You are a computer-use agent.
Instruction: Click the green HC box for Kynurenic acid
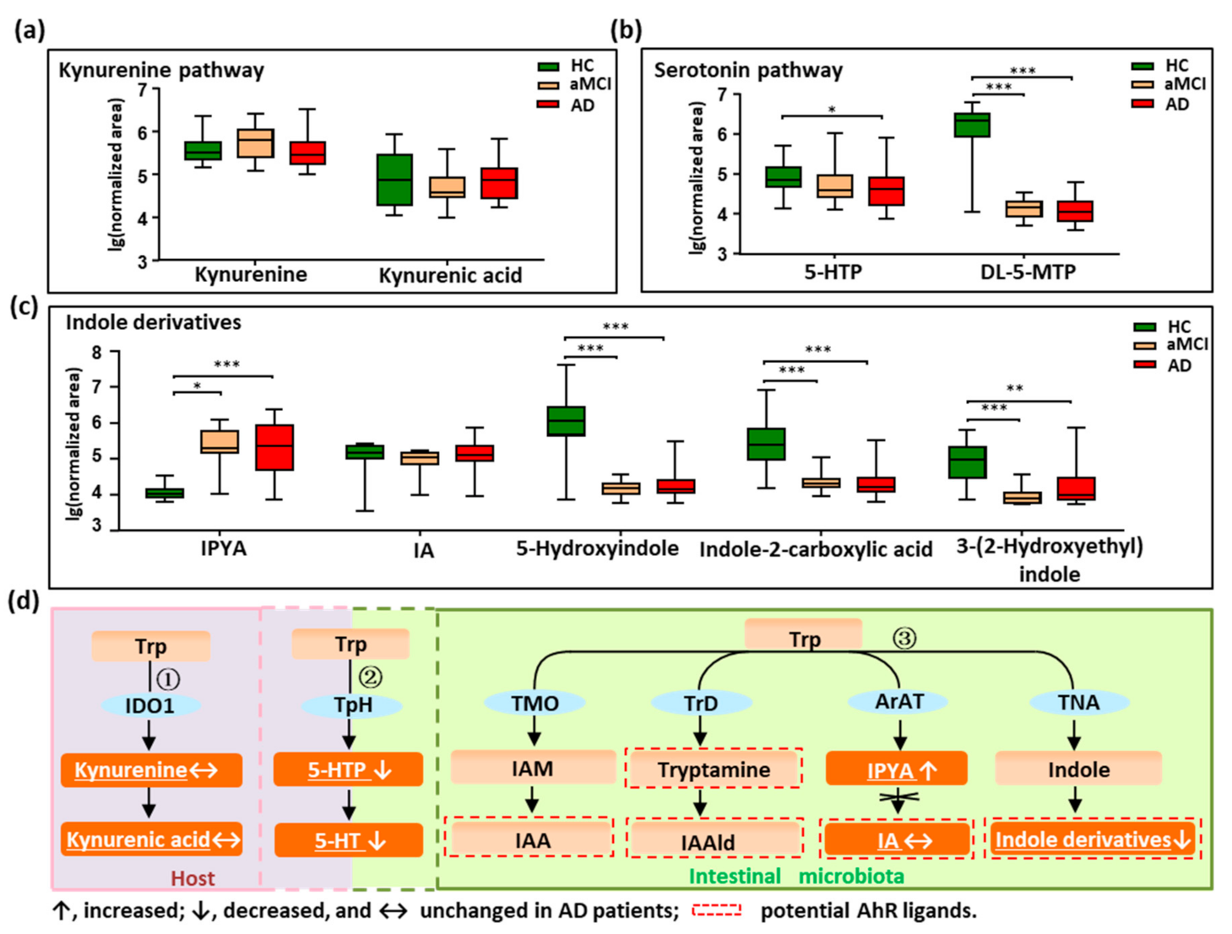coord(393,179)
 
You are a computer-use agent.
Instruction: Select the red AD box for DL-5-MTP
coord(1075,211)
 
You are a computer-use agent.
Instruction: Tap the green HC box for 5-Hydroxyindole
coord(566,421)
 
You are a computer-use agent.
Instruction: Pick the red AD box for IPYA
coord(274,447)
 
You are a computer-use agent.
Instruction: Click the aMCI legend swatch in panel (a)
coord(549,85)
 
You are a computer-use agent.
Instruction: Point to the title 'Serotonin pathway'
coord(748,70)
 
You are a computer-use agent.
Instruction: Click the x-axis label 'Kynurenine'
coord(251,274)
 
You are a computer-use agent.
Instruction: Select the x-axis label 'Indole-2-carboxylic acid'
coord(816,549)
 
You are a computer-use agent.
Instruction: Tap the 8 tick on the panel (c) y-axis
coord(97,353)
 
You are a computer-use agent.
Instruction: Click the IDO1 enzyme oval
coord(149,705)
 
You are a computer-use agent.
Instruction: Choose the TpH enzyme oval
coord(353,705)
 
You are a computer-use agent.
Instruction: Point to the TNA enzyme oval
coord(1078,702)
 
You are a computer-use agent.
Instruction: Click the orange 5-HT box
coord(348,840)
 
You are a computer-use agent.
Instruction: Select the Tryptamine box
coord(714,769)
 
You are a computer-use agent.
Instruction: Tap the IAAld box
coord(708,841)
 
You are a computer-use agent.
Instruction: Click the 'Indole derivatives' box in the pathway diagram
coord(1093,840)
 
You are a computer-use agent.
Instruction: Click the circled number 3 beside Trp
coord(904,638)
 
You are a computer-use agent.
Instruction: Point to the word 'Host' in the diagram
coord(193,878)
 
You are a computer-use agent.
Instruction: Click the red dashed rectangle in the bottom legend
coord(716,910)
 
